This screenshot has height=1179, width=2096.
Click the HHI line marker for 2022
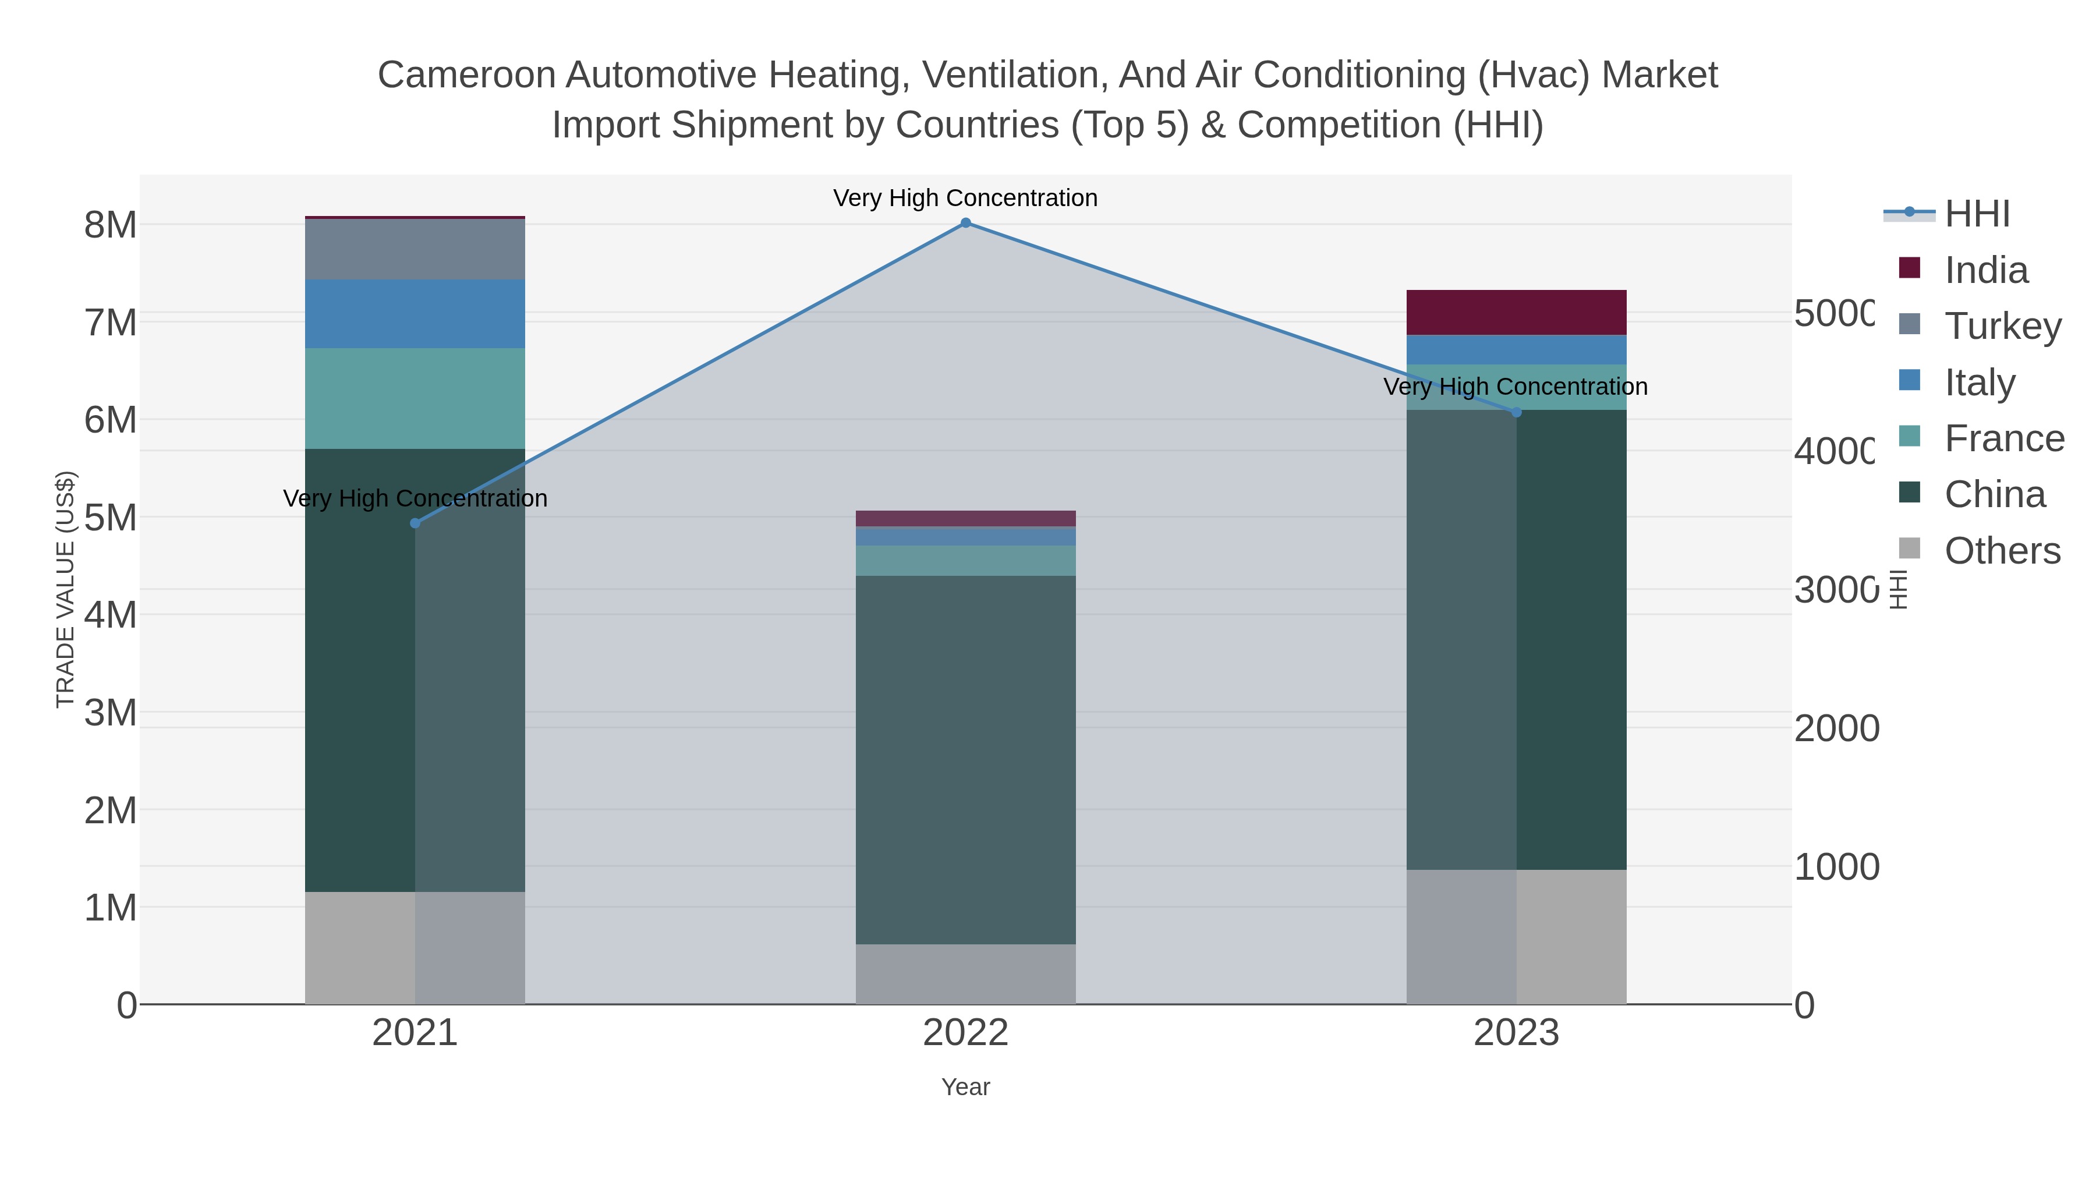(x=966, y=223)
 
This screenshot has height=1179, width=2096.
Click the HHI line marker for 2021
(x=415, y=523)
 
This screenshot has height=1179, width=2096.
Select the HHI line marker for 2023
(x=1516, y=413)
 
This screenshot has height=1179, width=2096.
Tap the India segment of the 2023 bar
(x=1516, y=313)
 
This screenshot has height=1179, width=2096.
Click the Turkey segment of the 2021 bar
(x=415, y=249)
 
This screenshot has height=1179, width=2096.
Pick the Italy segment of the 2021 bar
(x=415, y=314)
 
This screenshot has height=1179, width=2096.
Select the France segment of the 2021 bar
(x=415, y=399)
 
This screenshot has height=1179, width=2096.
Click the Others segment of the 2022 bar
(x=966, y=974)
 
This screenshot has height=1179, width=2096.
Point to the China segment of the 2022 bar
(x=966, y=760)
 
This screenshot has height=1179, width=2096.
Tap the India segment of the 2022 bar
(x=966, y=518)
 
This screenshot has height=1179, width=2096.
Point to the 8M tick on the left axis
(x=111, y=225)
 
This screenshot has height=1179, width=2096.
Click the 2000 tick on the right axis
(x=1836, y=729)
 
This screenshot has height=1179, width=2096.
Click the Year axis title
(x=966, y=1087)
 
